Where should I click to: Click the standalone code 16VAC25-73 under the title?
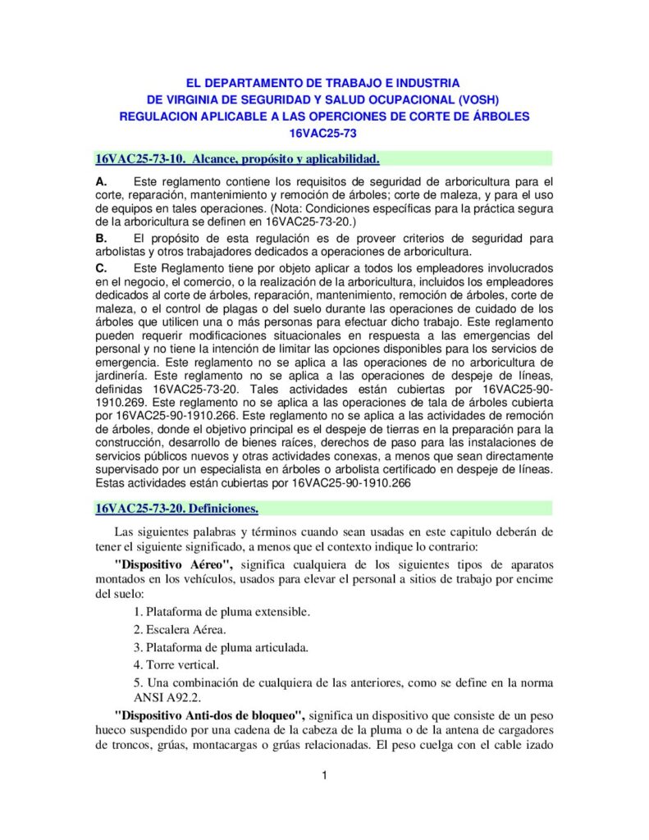tap(324, 132)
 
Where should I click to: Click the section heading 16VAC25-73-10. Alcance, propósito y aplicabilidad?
tap(237, 157)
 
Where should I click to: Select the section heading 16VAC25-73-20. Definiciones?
tap(177, 509)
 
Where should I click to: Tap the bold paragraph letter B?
tap(101, 238)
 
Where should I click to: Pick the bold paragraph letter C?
tap(101, 268)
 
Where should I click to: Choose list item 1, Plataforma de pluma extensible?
tap(222, 612)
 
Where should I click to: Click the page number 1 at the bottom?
tap(325, 776)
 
